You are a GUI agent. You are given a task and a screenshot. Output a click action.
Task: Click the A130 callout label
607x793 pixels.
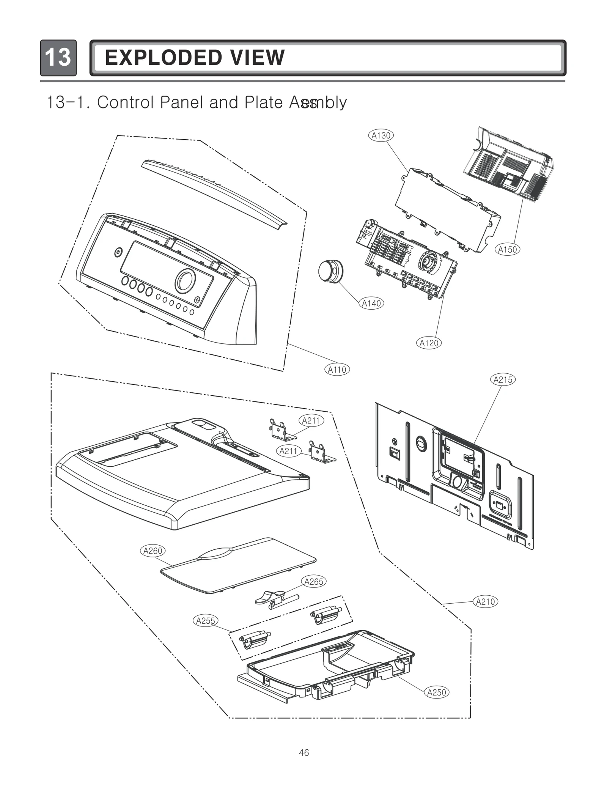coord(381,135)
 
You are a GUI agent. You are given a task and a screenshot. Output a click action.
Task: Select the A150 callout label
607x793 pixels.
coord(507,249)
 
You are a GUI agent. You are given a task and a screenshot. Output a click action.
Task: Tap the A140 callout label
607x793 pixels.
coord(371,303)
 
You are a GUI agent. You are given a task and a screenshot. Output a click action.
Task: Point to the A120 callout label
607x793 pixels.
coord(429,343)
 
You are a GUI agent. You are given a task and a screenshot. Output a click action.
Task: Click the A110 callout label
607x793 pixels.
coord(337,370)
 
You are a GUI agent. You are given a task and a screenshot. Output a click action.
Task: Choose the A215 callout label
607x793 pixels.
coord(503,380)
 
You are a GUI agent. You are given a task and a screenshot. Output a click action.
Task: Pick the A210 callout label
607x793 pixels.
coord(485,601)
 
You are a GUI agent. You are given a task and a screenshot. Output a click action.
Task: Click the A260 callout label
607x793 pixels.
coord(153,551)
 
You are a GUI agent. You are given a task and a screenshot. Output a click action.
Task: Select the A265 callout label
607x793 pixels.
coord(314,581)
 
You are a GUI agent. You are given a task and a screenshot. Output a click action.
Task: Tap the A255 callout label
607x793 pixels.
coord(205,620)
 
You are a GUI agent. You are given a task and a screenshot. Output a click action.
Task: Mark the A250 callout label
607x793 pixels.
coord(436,692)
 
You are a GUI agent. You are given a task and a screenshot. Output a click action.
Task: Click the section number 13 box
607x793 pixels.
coord(58,58)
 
